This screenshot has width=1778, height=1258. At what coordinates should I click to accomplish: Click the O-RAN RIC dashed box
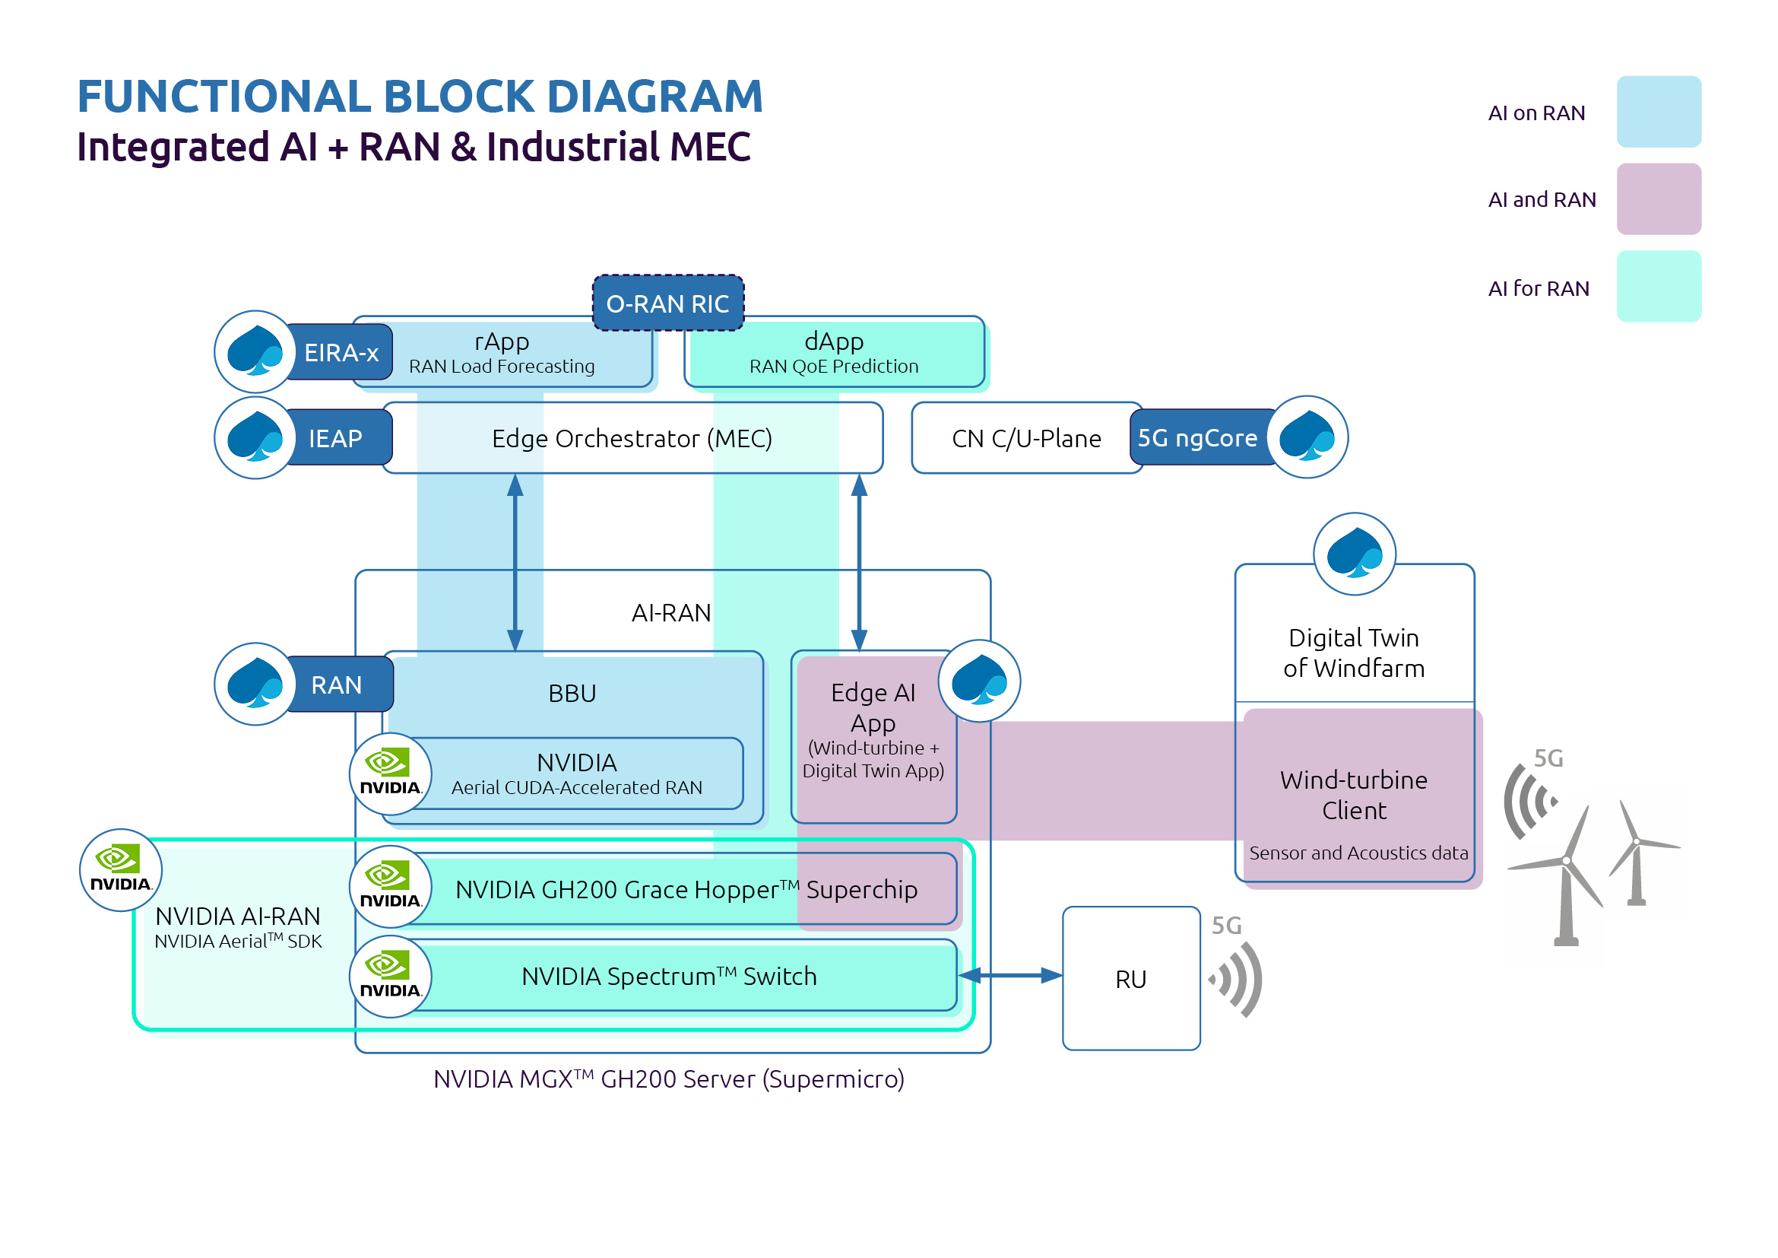[667, 303]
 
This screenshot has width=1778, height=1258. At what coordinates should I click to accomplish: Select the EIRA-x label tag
[341, 353]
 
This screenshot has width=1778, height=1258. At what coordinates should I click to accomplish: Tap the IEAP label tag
[335, 438]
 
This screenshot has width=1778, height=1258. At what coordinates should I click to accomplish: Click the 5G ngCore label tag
[1196, 438]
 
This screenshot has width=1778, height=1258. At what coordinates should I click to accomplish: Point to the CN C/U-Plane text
[1026, 439]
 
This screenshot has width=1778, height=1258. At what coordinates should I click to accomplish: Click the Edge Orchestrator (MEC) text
[632, 439]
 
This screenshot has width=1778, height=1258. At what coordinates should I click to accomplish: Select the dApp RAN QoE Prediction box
[834, 353]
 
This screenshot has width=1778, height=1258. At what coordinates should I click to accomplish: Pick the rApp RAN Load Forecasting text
[502, 353]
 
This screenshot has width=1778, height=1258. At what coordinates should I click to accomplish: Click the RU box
[1130, 979]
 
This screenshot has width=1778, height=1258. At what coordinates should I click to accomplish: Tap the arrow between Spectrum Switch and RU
[1009, 976]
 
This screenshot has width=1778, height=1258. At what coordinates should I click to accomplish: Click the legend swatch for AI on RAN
[1658, 113]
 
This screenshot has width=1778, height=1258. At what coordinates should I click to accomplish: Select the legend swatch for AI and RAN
[1658, 199]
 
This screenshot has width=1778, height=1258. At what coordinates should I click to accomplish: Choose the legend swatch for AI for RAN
[1658, 287]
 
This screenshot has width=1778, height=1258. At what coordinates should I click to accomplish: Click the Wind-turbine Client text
[1354, 795]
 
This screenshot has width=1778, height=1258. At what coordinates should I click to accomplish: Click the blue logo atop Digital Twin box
[1355, 554]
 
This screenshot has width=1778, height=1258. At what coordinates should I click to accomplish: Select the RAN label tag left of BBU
[336, 685]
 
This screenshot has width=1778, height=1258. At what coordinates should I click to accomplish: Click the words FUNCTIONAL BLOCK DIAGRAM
[420, 97]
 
